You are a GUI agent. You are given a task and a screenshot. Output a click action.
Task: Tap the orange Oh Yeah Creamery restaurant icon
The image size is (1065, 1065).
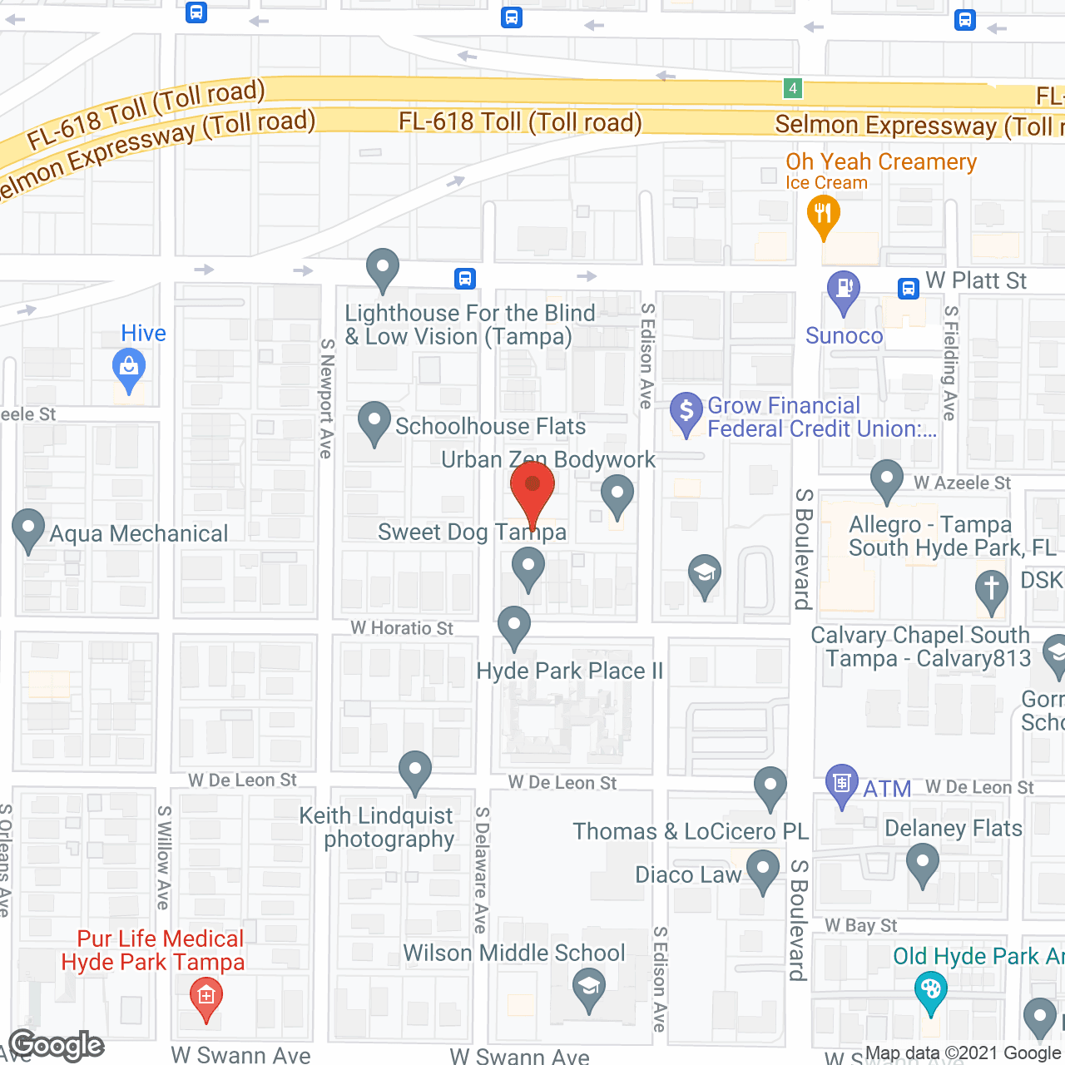tap(823, 215)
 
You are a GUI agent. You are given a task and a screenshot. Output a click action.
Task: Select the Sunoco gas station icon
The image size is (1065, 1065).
tap(844, 290)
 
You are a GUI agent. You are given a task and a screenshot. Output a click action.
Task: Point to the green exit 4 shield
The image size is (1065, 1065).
tap(792, 87)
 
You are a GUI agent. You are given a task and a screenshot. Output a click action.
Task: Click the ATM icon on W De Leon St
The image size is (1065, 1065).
tap(842, 783)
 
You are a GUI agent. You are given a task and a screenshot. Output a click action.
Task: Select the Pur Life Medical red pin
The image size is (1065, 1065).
tap(206, 996)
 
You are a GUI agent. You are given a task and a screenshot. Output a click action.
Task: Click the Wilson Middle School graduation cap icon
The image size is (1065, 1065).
tap(589, 988)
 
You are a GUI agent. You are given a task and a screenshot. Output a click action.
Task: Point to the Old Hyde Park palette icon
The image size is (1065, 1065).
tap(930, 991)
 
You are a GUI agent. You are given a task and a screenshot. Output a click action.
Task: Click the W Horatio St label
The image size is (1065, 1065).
tap(402, 628)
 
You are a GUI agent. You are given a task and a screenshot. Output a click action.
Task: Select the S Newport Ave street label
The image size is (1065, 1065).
tap(327, 398)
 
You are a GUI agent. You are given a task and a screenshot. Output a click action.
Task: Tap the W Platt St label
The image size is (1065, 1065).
tap(976, 281)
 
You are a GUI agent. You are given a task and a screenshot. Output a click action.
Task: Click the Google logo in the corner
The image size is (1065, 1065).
tap(57, 1045)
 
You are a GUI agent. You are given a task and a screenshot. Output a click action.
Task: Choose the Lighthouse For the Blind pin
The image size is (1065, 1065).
tap(383, 269)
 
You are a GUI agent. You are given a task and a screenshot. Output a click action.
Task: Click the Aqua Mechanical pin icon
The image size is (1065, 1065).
tap(28, 528)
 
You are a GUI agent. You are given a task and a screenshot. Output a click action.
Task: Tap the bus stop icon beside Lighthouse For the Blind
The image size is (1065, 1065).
tap(465, 278)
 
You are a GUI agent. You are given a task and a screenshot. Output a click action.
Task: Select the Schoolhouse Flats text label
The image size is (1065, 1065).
tap(490, 426)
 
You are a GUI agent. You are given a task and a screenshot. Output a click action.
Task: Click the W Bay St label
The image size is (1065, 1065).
tap(860, 925)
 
